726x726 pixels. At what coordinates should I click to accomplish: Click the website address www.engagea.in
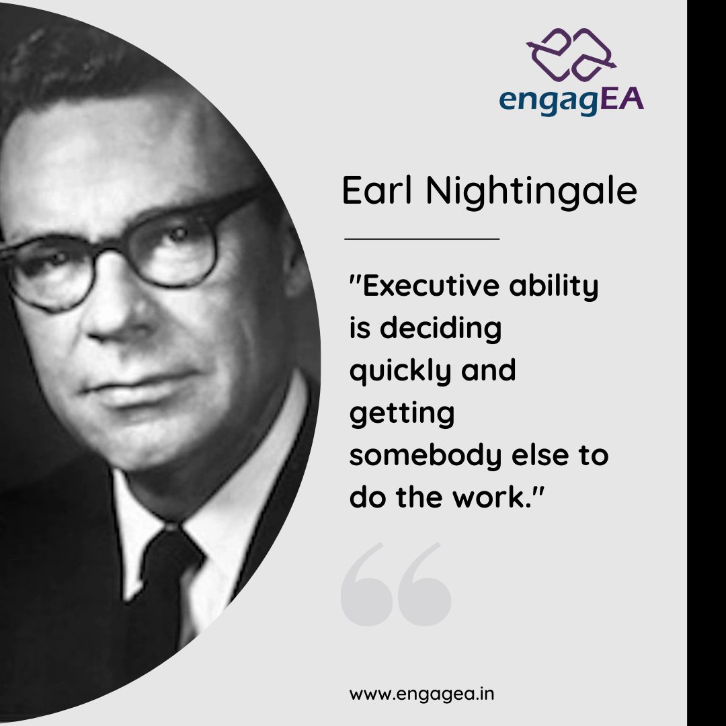pyautogui.click(x=421, y=694)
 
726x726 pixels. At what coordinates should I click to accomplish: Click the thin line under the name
pyautogui.click(x=421, y=238)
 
